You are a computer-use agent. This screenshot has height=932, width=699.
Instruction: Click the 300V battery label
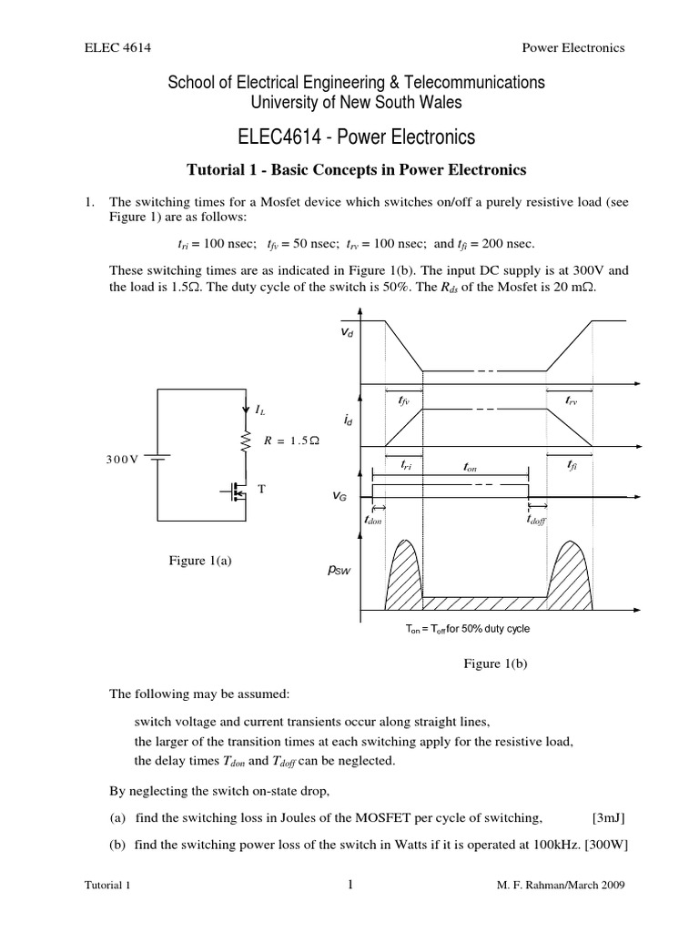(x=120, y=459)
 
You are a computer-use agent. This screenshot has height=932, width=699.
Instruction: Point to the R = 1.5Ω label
(x=292, y=441)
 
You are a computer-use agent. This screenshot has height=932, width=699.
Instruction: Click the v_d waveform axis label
(x=347, y=334)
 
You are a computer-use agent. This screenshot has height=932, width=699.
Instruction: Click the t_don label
(x=374, y=519)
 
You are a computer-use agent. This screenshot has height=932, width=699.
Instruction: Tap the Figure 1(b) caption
(x=496, y=664)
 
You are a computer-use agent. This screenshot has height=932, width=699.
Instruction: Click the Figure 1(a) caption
(x=201, y=561)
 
